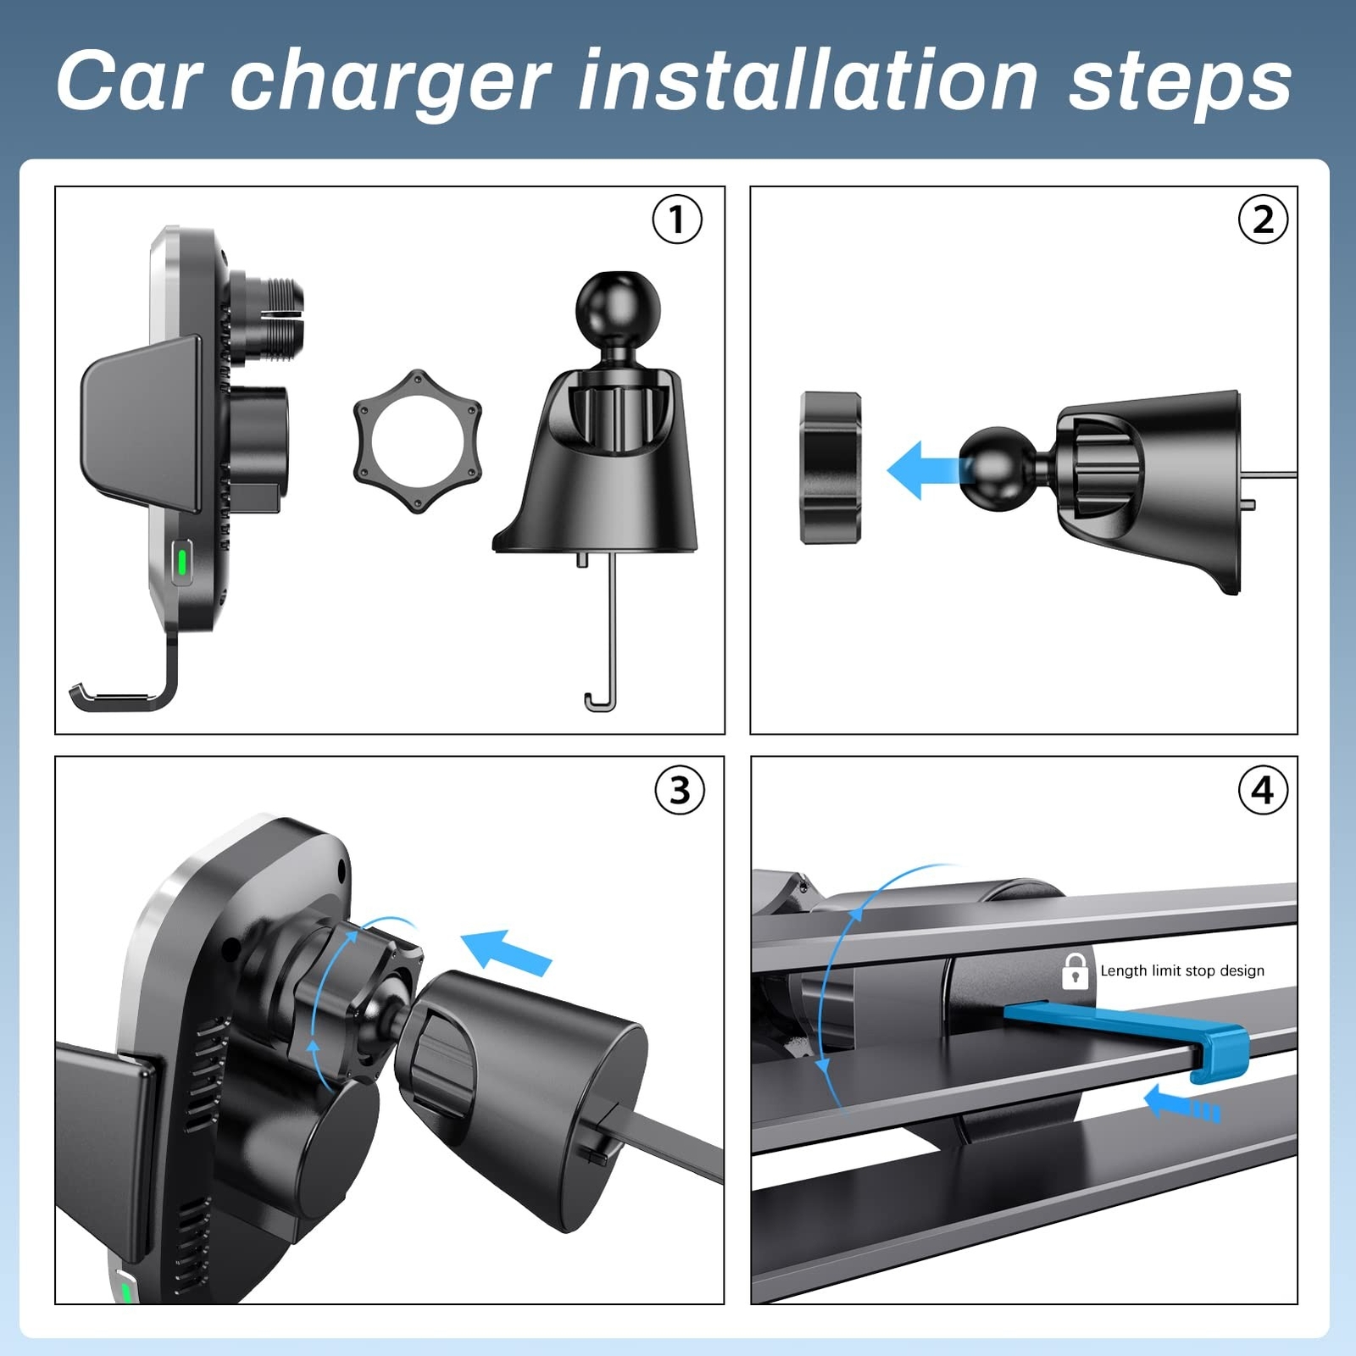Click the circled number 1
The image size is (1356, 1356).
(677, 220)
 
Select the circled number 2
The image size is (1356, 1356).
(1263, 220)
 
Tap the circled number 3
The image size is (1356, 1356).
(680, 791)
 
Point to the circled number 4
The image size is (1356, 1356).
(1263, 791)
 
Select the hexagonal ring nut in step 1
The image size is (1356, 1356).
(418, 442)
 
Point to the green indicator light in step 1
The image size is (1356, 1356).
(181, 563)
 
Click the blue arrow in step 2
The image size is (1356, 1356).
(924, 470)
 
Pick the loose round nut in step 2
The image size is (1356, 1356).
(831, 467)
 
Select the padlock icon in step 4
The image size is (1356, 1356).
(1075, 971)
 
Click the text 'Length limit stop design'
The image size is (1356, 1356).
(1182, 970)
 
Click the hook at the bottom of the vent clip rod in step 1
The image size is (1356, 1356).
(600, 703)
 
